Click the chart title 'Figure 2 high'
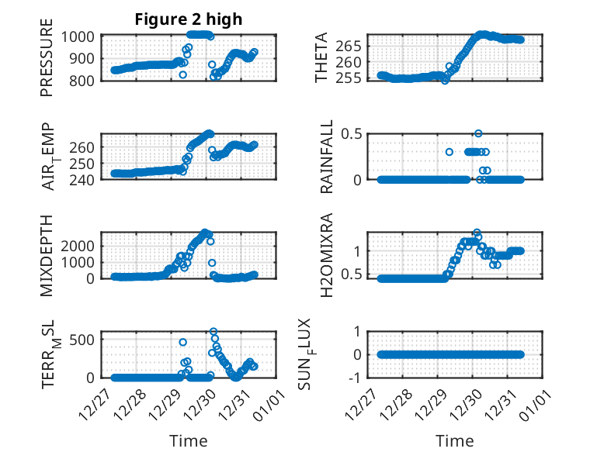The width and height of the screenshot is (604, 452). [x=189, y=19]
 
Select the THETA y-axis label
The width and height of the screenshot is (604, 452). [x=321, y=58]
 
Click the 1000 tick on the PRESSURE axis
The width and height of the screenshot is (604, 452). [x=80, y=36]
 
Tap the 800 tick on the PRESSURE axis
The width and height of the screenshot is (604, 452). [x=84, y=81]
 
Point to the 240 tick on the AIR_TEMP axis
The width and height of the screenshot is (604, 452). [x=84, y=179]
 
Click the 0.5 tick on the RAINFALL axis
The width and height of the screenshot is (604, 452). [x=352, y=133]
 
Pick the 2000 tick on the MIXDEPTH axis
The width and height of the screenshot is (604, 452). [x=80, y=245]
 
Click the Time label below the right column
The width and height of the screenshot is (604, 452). [x=454, y=441]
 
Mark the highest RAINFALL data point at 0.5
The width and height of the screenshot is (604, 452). [x=478, y=133]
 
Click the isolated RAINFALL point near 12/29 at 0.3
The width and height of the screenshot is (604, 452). [x=449, y=152]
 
